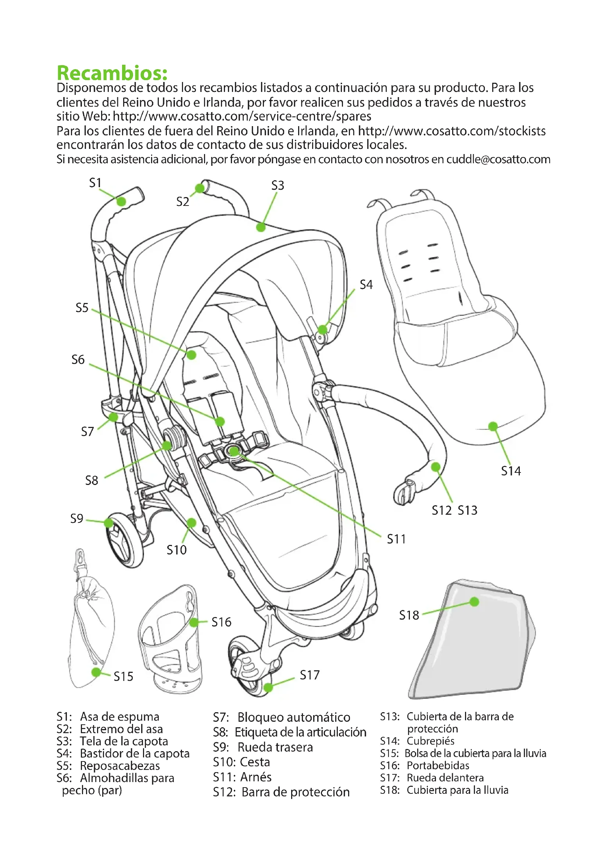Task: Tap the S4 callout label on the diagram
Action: [x=366, y=285]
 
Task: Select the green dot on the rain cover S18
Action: [x=474, y=602]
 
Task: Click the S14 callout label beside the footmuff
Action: [x=511, y=471]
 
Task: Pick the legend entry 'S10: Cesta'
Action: [x=242, y=762]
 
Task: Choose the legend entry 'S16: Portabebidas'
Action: [x=425, y=765]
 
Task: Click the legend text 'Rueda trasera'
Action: [x=275, y=747]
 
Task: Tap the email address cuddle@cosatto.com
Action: [x=498, y=159]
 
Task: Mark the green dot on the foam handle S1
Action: [x=121, y=201]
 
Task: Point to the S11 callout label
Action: [x=396, y=539]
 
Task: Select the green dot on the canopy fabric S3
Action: [x=261, y=227]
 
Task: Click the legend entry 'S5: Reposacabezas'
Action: [x=108, y=766]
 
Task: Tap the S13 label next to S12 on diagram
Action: [x=468, y=510]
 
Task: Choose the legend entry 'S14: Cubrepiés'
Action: [x=417, y=741]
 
